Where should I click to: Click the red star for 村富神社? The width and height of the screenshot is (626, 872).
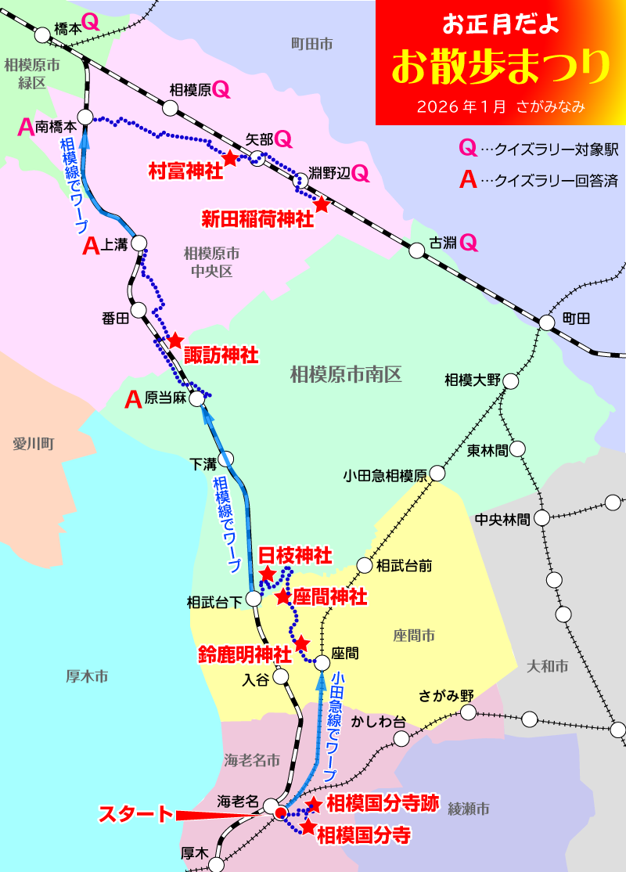click(230, 158)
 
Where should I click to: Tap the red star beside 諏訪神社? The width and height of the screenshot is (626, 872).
click(175, 341)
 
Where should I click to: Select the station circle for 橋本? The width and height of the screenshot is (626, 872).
click(41, 34)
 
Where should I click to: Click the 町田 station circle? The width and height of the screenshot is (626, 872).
click(547, 322)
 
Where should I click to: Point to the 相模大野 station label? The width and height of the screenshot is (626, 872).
click(472, 380)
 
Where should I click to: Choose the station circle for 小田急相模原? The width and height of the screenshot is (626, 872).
click(437, 474)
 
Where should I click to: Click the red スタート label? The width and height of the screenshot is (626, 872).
click(135, 815)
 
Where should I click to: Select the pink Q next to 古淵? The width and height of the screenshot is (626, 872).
click(468, 243)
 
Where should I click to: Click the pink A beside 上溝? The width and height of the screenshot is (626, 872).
click(92, 247)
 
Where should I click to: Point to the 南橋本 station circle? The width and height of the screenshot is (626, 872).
click(85, 117)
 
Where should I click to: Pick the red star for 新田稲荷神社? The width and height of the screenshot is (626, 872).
click(322, 204)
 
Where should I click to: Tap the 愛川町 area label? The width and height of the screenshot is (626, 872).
click(32, 444)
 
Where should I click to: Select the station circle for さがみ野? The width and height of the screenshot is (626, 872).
click(468, 712)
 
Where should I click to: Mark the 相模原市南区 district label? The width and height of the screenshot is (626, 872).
click(345, 375)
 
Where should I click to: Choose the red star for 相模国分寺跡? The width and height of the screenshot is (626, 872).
click(314, 805)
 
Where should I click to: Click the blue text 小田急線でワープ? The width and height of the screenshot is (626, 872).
click(335, 725)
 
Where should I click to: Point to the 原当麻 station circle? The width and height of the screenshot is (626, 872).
click(197, 398)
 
